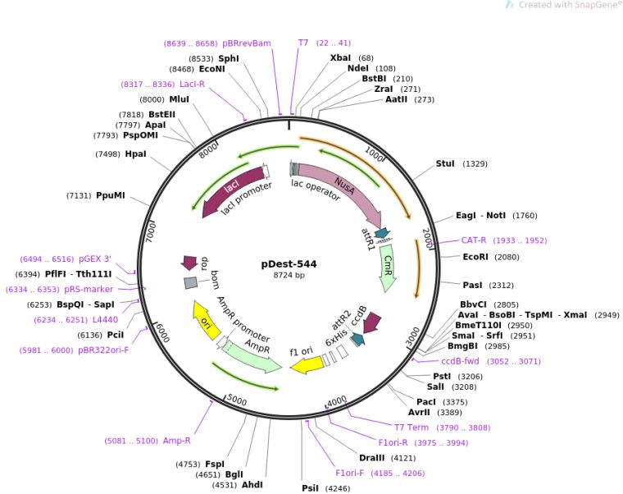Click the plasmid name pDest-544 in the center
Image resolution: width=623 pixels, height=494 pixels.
[x=289, y=264]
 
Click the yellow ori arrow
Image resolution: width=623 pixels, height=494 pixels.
[x=206, y=322]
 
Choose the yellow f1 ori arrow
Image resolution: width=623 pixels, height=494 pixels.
[x=307, y=364]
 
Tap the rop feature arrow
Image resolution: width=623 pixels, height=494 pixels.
[x=189, y=263]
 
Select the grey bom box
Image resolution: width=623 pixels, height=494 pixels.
[x=190, y=283]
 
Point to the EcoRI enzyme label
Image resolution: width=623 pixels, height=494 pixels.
[x=475, y=257]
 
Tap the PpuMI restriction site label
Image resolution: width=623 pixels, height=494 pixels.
[x=111, y=195]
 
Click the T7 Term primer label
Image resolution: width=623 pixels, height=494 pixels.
[x=412, y=428]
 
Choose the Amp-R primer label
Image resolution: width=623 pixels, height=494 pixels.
[x=176, y=441]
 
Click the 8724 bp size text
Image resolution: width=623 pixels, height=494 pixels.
[x=289, y=276]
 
